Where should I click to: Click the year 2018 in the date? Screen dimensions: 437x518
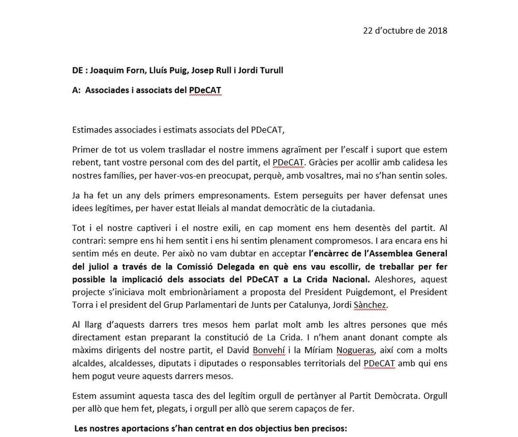[x=437, y=31]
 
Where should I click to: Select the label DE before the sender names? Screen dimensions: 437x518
[x=78, y=70]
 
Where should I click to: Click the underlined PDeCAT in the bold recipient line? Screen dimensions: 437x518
[x=205, y=91]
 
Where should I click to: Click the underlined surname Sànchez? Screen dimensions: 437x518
[x=370, y=305]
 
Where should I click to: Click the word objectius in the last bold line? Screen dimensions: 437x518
[x=259, y=429]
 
